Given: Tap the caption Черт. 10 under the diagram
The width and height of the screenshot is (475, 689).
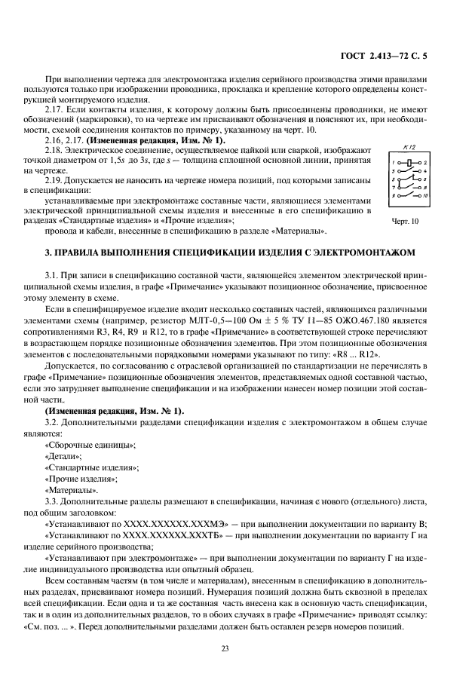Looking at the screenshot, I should coord(408,221).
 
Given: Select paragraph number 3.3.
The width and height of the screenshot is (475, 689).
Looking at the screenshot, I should coord(54,500).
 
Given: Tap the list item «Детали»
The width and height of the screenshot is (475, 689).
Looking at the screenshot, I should coord(63,457).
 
